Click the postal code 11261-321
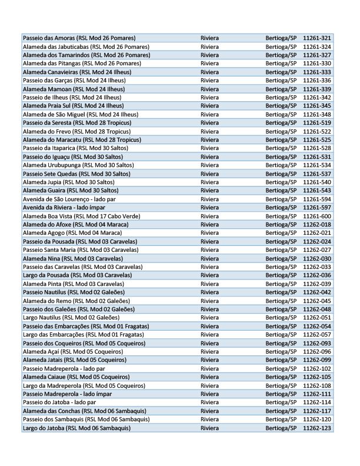tap(316, 38)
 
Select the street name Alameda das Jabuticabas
tap(85, 46)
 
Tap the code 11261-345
tap(316, 105)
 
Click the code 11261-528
tap(316, 148)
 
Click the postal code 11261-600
tap(316, 216)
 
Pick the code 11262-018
tap(316, 225)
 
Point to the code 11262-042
tap(316, 292)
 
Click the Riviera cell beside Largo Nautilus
tap(209, 318)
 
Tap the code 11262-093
tap(316, 343)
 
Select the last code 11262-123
tap(316, 428)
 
